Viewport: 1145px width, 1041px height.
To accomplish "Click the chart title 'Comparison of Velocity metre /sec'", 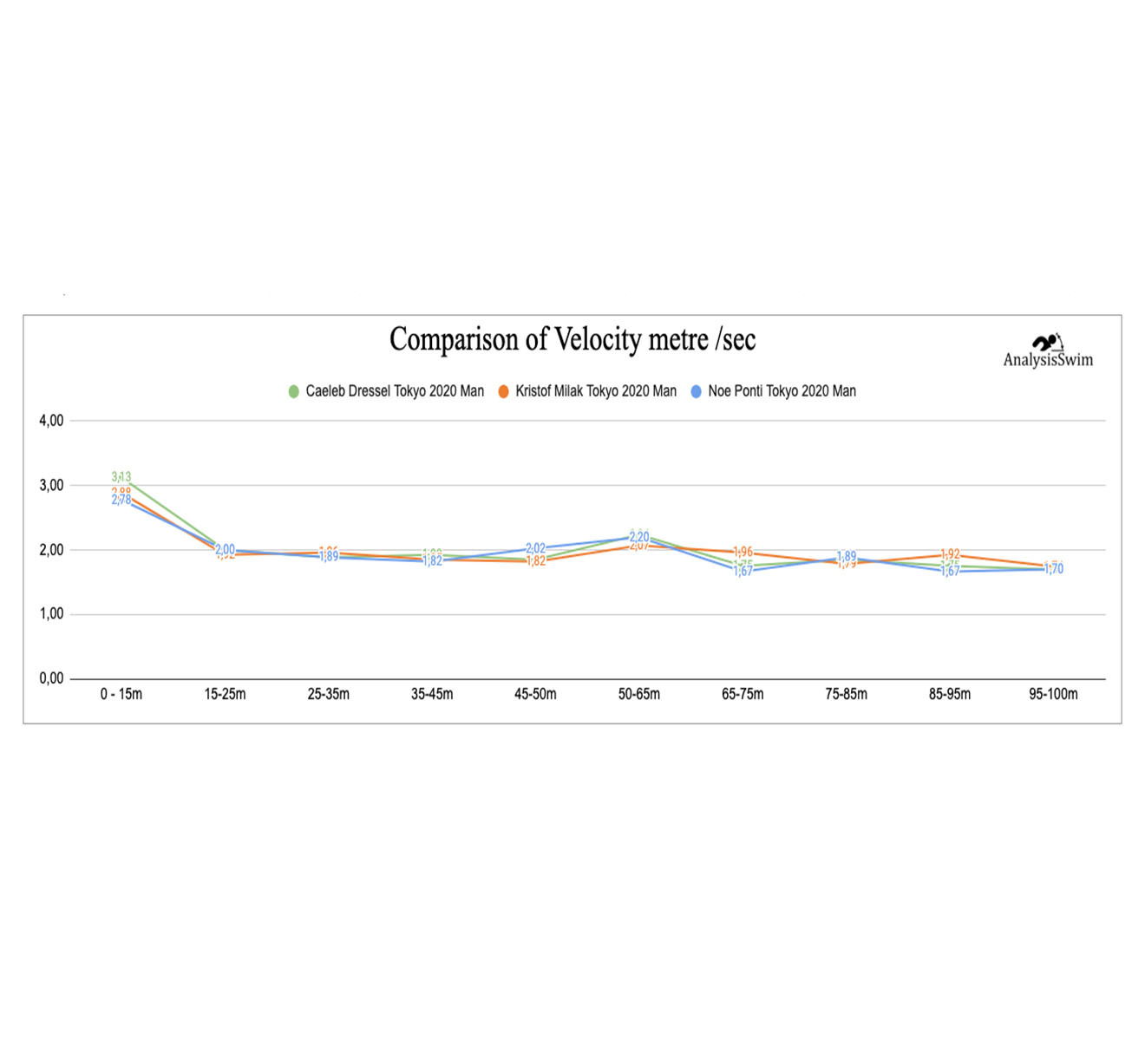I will tap(572, 339).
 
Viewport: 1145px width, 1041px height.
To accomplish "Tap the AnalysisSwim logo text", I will tap(1048, 360).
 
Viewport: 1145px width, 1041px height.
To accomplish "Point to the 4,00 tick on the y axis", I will tap(51, 421).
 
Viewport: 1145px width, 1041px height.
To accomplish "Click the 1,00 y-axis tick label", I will tap(51, 614).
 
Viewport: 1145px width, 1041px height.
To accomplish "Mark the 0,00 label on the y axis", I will tap(51, 678).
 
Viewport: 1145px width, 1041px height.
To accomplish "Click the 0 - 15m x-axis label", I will tap(121, 694).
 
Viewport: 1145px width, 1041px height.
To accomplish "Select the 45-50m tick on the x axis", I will tap(535, 694).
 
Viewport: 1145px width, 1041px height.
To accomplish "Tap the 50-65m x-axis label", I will tap(638, 694).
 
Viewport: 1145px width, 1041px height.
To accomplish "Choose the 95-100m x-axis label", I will tap(1053, 694).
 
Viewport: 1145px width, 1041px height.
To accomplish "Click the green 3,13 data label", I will tap(121, 477).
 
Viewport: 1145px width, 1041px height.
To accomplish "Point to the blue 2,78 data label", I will tap(121, 500).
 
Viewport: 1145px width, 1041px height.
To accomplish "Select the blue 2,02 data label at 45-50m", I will tap(536, 548).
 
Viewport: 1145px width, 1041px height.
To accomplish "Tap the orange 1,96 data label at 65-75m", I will tap(743, 552).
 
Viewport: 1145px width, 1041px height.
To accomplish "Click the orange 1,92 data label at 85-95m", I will tap(951, 554).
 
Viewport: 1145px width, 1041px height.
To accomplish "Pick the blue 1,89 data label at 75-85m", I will tap(847, 556).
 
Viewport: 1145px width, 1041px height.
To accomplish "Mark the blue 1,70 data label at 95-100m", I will tap(1054, 569).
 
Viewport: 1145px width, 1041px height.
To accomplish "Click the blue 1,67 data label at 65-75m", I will tap(743, 571).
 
